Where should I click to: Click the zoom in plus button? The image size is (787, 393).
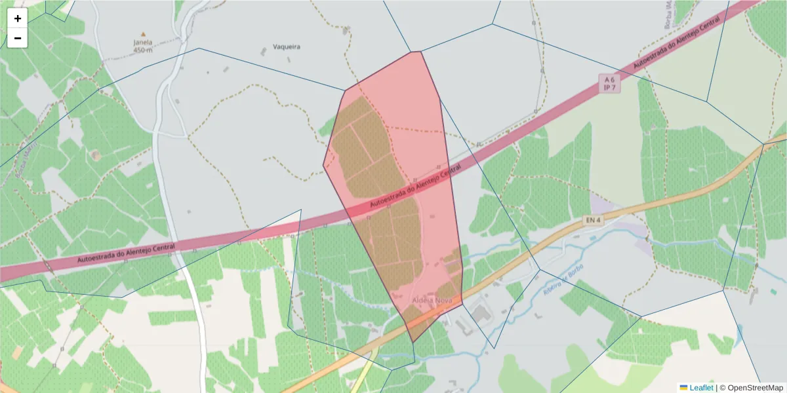point(18,18)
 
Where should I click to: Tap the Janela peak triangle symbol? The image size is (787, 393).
point(143,34)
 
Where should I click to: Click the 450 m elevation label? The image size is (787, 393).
point(142,50)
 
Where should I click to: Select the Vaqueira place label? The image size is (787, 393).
point(286,47)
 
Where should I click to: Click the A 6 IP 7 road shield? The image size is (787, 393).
point(609,83)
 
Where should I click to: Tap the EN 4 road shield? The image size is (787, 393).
point(593,221)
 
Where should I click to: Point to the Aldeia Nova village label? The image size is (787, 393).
point(432,299)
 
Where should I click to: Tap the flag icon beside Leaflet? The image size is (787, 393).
point(683,388)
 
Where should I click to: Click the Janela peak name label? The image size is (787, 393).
point(142,43)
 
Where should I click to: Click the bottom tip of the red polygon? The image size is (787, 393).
point(413,342)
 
